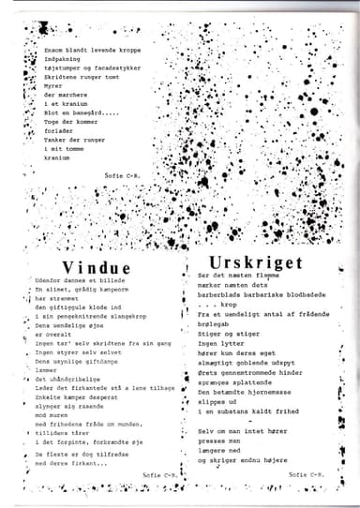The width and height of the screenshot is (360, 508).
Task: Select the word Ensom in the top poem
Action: (52, 46)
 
